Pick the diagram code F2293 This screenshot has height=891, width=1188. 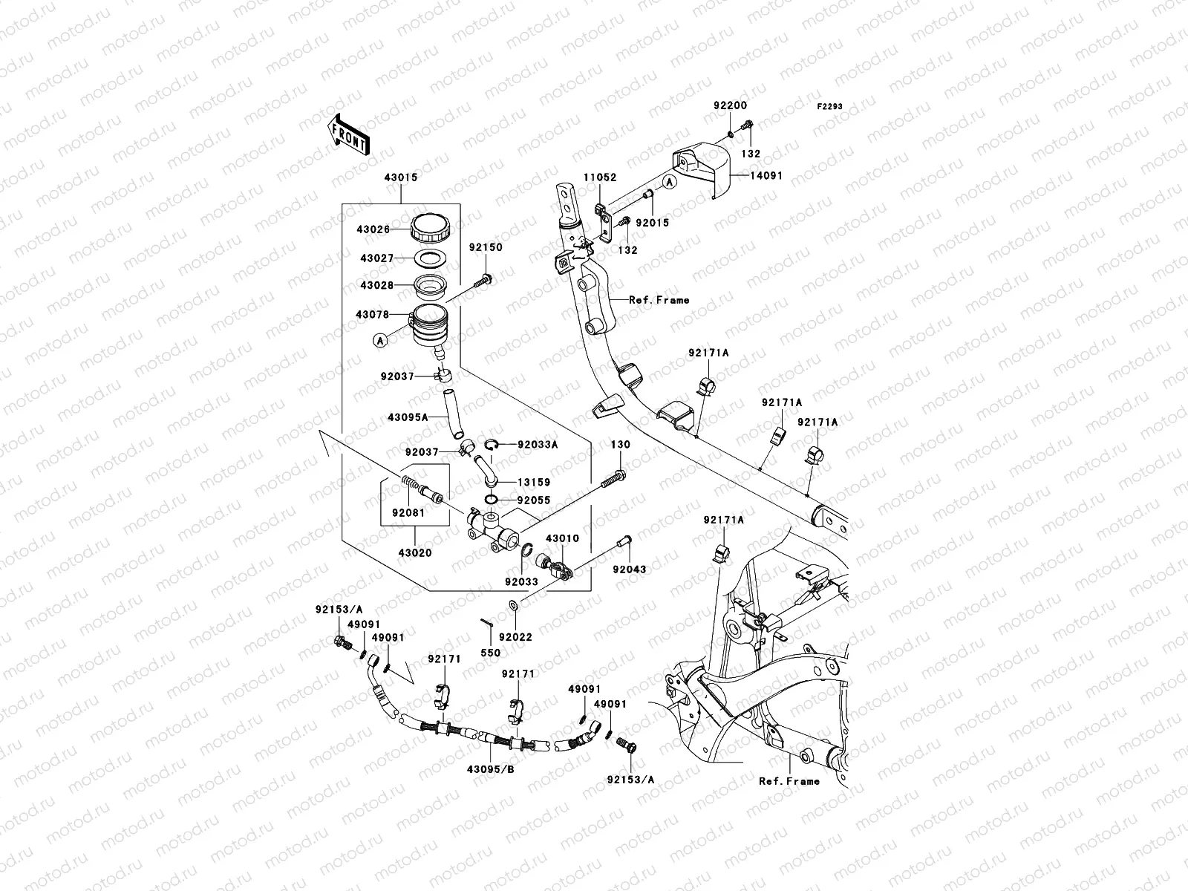(x=830, y=107)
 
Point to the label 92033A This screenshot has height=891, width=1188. (x=538, y=445)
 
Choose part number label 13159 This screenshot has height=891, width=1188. (x=534, y=482)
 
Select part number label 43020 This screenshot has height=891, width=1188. (x=414, y=553)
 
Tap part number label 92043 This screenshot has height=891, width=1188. (x=629, y=569)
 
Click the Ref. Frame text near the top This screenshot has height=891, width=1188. (x=659, y=300)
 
